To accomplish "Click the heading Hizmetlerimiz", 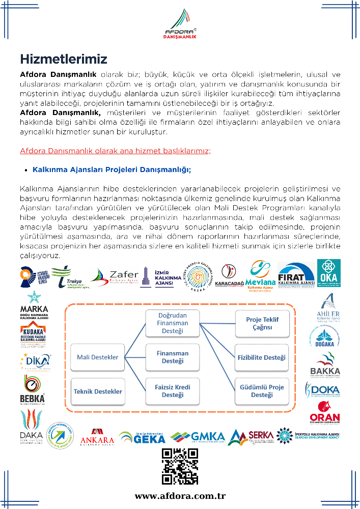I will point(64,58).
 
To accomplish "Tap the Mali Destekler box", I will point(98,357).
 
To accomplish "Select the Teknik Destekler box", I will point(98,391).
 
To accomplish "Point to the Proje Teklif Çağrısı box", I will point(262,323).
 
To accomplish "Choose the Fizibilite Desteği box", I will point(262,357).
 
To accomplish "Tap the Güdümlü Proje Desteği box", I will point(262,391).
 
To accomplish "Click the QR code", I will point(180,466).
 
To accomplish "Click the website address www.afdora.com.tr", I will point(180,496).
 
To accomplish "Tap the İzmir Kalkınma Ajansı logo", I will point(157,277).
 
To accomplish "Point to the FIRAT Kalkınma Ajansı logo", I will point(296,275).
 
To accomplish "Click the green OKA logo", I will point(328,273).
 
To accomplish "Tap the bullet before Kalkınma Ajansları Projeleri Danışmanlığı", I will point(25,170).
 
